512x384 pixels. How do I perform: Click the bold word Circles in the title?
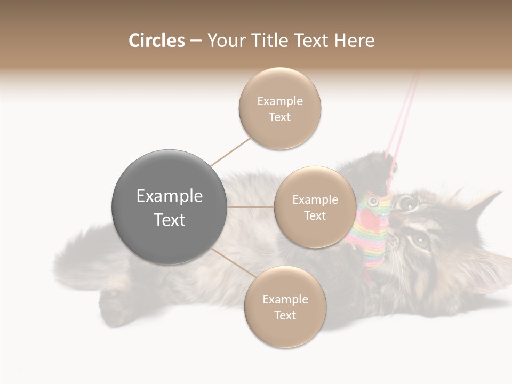coord(157,41)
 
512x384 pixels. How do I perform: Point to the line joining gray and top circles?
coord(230,151)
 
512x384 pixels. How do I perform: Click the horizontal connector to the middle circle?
coord(251,207)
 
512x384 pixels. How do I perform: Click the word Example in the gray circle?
coord(170,196)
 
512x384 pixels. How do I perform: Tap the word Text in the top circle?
coord(279,117)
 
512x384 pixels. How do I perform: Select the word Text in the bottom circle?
coord(285,315)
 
